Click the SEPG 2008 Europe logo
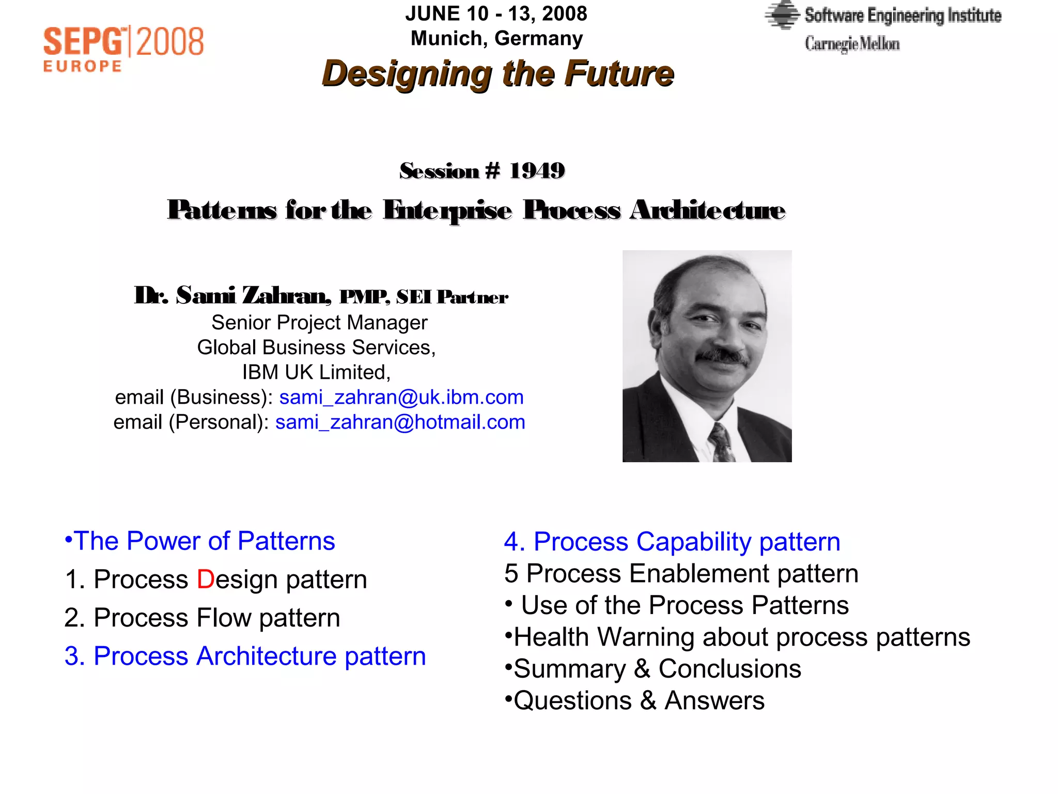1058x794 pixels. point(123,49)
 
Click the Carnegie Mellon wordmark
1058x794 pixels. point(852,43)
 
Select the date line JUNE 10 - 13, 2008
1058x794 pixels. point(496,13)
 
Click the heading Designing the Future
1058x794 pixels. point(498,73)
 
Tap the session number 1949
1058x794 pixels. point(537,171)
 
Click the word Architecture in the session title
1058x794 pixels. point(707,210)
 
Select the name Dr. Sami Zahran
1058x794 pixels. point(232,296)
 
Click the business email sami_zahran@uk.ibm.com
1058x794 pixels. point(401,397)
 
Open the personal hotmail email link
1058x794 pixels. point(400,422)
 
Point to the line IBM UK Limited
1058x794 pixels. point(316,372)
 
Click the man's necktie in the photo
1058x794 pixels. point(721,442)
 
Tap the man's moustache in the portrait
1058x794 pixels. point(722,356)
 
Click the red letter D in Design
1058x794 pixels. point(205,579)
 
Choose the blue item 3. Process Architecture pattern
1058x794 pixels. point(245,656)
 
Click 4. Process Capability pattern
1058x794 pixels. point(672,542)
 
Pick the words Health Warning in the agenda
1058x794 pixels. point(603,637)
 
